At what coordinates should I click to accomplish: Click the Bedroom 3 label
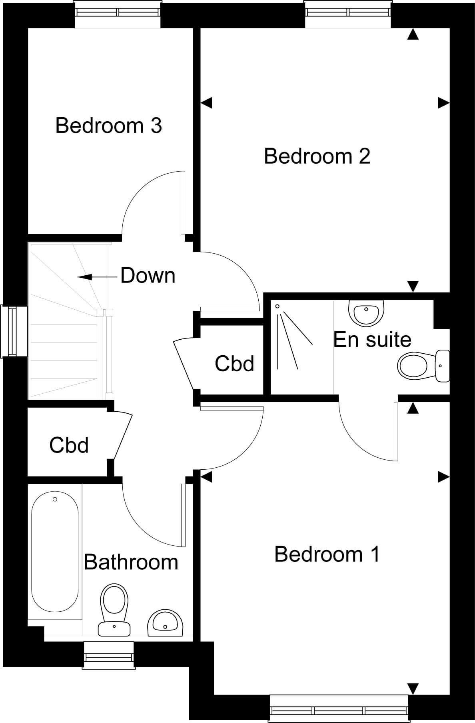coord(109,125)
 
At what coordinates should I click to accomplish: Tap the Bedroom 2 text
coord(317,156)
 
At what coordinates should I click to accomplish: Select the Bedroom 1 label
coord(327,554)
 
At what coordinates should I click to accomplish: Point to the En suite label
coord(372,340)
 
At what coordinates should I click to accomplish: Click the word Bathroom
coord(131,562)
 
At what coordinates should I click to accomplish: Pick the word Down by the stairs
coord(148,276)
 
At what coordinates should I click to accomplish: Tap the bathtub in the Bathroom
coord(55,552)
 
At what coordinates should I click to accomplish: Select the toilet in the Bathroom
coord(115,609)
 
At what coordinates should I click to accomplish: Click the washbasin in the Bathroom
coord(165,623)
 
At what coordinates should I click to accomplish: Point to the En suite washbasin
coord(366,312)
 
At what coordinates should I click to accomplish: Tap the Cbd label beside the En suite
coord(234,364)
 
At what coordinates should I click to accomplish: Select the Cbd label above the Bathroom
coord(69,445)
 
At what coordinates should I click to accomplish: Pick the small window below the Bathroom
coord(109,655)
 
